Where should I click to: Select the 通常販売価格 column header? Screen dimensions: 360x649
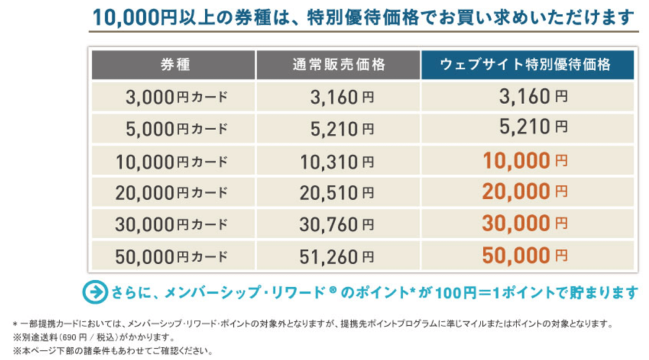pos(338,65)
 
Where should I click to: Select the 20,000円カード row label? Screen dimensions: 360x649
pos(171,192)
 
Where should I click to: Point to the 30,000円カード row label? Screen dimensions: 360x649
pos(171,224)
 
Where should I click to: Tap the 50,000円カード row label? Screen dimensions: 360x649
pos(171,256)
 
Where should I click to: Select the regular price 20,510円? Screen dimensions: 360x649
pos(337,192)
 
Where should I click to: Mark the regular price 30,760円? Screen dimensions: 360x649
pos(337,224)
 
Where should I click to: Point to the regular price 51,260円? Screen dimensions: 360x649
pos(337,256)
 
